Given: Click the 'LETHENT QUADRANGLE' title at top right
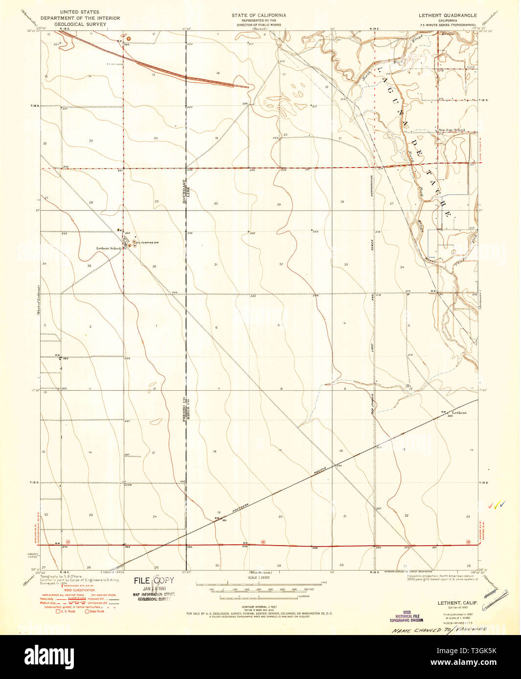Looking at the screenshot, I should pyautogui.click(x=448, y=15).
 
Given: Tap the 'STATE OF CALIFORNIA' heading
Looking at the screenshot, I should pyautogui.click(x=259, y=15).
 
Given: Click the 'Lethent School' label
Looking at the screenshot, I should pyautogui.click(x=108, y=248).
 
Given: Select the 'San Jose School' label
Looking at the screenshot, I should pyautogui.click(x=452, y=130).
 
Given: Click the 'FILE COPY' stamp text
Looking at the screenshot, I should pyautogui.click(x=154, y=581).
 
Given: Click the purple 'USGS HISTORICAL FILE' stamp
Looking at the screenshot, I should pyautogui.click(x=407, y=616).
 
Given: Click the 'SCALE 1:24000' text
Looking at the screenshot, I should pyautogui.click(x=259, y=577).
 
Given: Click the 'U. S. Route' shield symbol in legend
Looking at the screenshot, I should pyautogui.click(x=58, y=611).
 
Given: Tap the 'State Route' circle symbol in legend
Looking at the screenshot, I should pyautogui.click(x=88, y=611).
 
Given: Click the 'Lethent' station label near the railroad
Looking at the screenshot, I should pyautogui.click(x=459, y=413).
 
